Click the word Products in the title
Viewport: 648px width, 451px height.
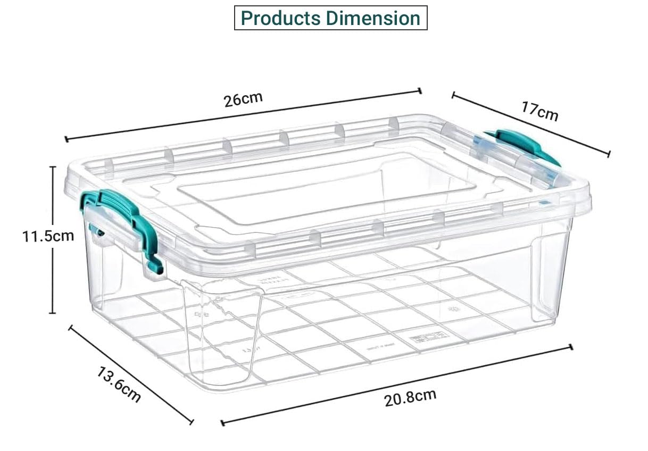coord(280,18)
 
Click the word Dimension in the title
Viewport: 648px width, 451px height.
coord(373,18)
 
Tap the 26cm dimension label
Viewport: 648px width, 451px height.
coord(243,99)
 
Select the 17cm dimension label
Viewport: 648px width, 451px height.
coord(540,111)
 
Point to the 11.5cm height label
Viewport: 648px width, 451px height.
coord(48,237)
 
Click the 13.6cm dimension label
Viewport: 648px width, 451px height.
coord(119,385)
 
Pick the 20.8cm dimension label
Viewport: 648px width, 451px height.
coord(410,398)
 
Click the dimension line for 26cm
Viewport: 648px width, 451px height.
coord(243,115)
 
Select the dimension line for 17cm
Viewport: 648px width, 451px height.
coord(531,124)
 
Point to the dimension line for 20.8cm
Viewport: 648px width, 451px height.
coord(397,385)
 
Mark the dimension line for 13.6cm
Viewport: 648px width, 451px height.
coord(131,375)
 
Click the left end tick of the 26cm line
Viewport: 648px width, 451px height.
coord(67,139)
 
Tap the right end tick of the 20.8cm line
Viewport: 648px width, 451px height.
coord(571,347)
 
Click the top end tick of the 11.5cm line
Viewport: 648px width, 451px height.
coord(52,167)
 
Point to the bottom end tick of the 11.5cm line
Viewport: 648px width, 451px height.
coord(52,313)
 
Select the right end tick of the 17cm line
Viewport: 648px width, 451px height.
coord(609,154)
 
